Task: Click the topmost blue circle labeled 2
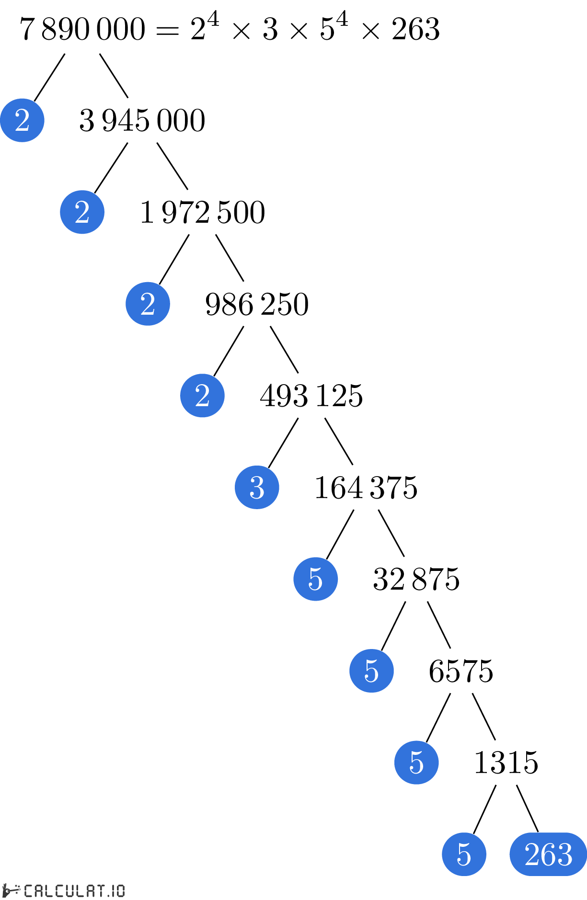(x=22, y=120)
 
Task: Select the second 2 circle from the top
(x=82, y=212)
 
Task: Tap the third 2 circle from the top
(x=148, y=304)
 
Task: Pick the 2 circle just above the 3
(x=202, y=396)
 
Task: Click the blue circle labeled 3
(x=257, y=487)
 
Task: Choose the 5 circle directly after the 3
(x=315, y=579)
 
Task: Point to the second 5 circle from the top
(x=371, y=671)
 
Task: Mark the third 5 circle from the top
(x=416, y=763)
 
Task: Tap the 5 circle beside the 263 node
(x=464, y=854)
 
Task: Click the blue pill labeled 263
(x=548, y=854)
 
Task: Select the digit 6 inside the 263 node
(x=549, y=854)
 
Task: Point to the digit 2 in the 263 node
(x=532, y=854)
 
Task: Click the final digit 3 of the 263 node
(x=564, y=854)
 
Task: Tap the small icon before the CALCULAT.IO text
(x=11, y=890)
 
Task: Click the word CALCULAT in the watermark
(x=64, y=891)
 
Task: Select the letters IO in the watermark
(x=118, y=891)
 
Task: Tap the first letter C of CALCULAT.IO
(x=28, y=891)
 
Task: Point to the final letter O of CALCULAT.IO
(x=121, y=891)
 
